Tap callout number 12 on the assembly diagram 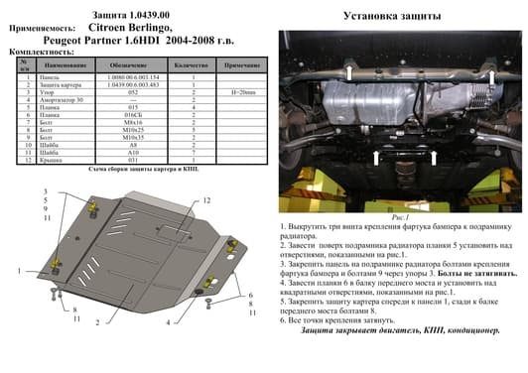206,200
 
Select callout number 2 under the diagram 96,322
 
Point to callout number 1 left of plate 20,270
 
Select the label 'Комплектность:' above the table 40,52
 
